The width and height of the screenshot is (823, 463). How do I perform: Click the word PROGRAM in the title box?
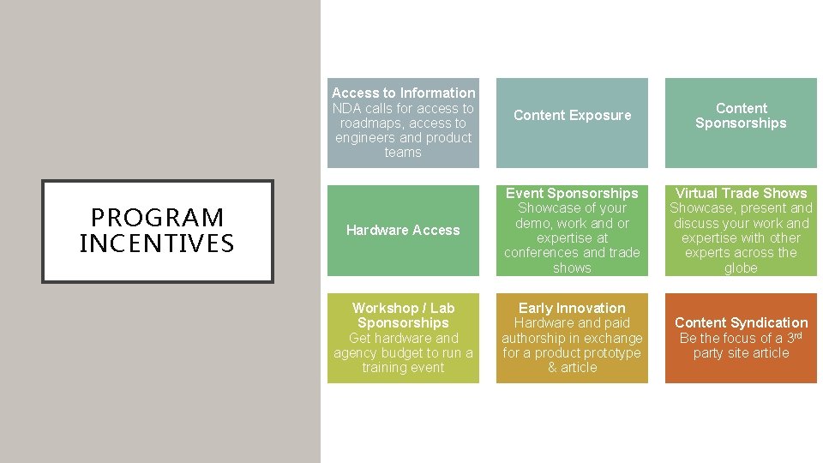(x=157, y=218)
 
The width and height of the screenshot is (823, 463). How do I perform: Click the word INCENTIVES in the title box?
(x=157, y=244)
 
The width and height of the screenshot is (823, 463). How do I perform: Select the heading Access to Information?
(x=403, y=93)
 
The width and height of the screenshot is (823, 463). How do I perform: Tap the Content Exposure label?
(x=572, y=115)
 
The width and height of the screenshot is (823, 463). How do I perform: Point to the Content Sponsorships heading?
(x=741, y=116)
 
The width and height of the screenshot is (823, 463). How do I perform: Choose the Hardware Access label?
(x=403, y=230)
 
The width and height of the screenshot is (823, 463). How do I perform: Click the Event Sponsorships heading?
(x=572, y=193)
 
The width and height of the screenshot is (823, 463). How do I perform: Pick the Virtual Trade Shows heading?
(x=741, y=193)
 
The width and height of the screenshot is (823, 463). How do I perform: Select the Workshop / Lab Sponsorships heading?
(x=403, y=316)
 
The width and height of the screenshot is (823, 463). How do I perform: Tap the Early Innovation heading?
(x=572, y=308)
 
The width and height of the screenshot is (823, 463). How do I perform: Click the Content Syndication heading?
(x=741, y=322)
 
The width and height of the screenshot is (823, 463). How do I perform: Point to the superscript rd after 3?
(x=796, y=335)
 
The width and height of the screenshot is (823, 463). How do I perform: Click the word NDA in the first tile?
(x=347, y=108)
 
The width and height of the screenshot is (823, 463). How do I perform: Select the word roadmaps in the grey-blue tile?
(x=368, y=123)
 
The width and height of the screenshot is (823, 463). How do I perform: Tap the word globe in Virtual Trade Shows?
(x=741, y=268)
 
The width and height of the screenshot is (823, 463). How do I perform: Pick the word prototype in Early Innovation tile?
(x=610, y=352)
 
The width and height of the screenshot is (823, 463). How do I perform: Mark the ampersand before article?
(x=553, y=367)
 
